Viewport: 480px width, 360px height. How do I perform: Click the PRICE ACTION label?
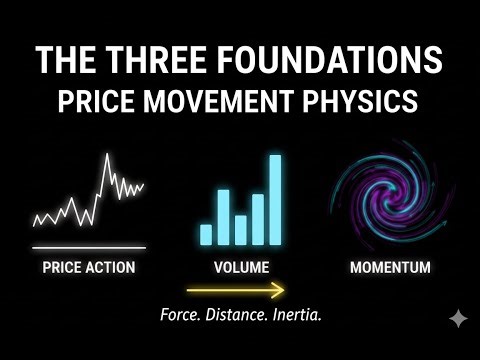click(89, 268)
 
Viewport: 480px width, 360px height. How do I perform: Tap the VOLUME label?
click(241, 268)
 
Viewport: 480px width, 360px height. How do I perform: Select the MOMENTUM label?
click(390, 268)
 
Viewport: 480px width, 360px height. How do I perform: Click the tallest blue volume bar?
click(275, 200)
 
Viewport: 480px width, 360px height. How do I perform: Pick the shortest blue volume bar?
click(206, 234)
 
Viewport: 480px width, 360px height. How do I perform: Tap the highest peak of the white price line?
click(107, 155)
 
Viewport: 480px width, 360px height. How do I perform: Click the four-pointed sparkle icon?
click(457, 319)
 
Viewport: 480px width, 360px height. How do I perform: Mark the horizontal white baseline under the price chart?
click(89, 246)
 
